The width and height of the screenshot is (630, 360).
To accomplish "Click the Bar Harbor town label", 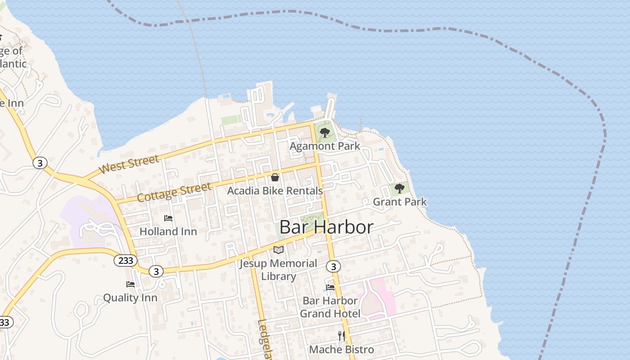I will pos(326,227).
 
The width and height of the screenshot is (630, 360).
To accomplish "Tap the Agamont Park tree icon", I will pos(324,133).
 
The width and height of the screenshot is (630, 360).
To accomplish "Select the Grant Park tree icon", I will pos(399,189).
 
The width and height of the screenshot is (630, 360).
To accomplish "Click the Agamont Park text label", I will pos(324,146).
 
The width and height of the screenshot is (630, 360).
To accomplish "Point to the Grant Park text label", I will pos(400,202).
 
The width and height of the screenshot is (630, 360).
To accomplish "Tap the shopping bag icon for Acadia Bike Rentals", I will pos(275,177).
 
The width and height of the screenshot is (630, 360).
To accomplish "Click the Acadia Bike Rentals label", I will pos(275,191).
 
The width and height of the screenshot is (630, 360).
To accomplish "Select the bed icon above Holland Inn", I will pos(168,218).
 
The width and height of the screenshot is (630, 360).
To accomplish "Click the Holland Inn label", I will pos(168,231).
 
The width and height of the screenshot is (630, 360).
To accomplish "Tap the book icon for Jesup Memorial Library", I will pos(279,250).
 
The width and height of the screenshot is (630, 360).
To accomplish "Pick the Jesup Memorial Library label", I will pos(278,270).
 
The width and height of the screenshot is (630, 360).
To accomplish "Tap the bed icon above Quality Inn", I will pos(130,284).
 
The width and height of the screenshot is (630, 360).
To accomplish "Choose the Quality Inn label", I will pos(130,297).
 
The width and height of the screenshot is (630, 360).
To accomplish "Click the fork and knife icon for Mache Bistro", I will pos(342,336).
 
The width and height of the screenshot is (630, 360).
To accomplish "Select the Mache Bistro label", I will pos(342,349).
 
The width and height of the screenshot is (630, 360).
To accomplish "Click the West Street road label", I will pos(129,164).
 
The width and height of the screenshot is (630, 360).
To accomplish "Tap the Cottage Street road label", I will pos(174,193).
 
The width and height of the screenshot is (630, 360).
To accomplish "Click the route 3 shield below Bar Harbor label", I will pos(333,267).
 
